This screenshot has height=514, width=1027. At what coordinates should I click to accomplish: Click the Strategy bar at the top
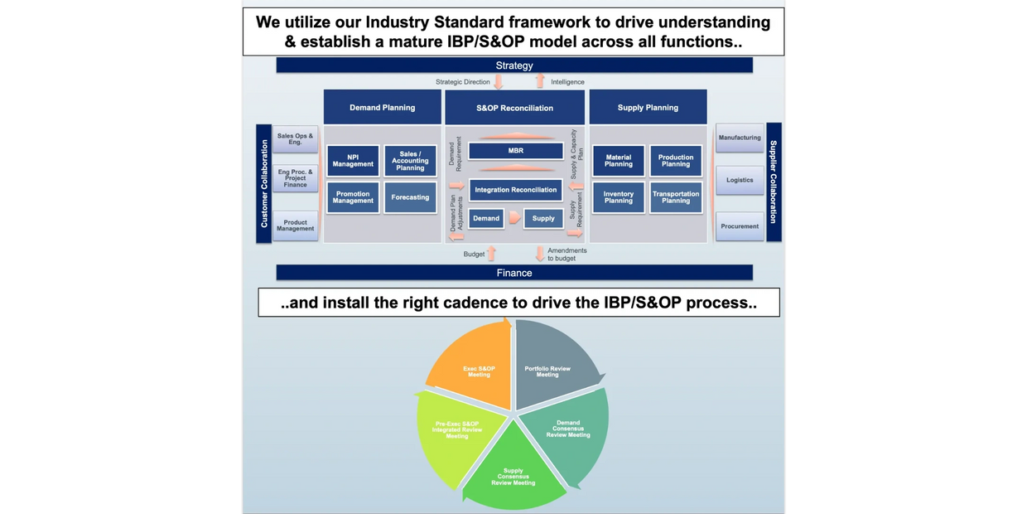[514, 65]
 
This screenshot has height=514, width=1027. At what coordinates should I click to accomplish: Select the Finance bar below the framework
[514, 273]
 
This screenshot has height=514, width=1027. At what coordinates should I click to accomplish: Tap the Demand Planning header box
[382, 108]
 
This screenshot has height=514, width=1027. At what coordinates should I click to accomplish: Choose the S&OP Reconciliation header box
[514, 108]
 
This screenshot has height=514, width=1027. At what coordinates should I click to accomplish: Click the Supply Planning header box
[648, 108]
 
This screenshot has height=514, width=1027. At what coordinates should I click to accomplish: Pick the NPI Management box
[353, 161]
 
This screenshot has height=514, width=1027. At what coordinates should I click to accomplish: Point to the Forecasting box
[410, 197]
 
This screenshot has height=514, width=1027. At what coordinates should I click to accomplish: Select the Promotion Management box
[353, 197]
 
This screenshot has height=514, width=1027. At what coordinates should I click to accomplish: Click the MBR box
[515, 151]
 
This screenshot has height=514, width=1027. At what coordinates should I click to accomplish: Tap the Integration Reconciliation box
[515, 190]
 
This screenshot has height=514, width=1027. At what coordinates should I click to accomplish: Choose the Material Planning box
[619, 161]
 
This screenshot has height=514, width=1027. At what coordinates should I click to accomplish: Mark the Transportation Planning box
[676, 197]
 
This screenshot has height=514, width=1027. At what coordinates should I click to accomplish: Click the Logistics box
[740, 180]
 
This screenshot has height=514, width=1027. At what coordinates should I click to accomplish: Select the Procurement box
[740, 225]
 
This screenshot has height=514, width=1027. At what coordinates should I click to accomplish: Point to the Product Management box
[296, 225]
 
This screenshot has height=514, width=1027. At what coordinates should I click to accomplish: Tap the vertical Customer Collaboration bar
[264, 183]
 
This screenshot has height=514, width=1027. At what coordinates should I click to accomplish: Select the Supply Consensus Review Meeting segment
[513, 473]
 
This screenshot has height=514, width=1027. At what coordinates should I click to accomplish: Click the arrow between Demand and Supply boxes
[514, 218]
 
